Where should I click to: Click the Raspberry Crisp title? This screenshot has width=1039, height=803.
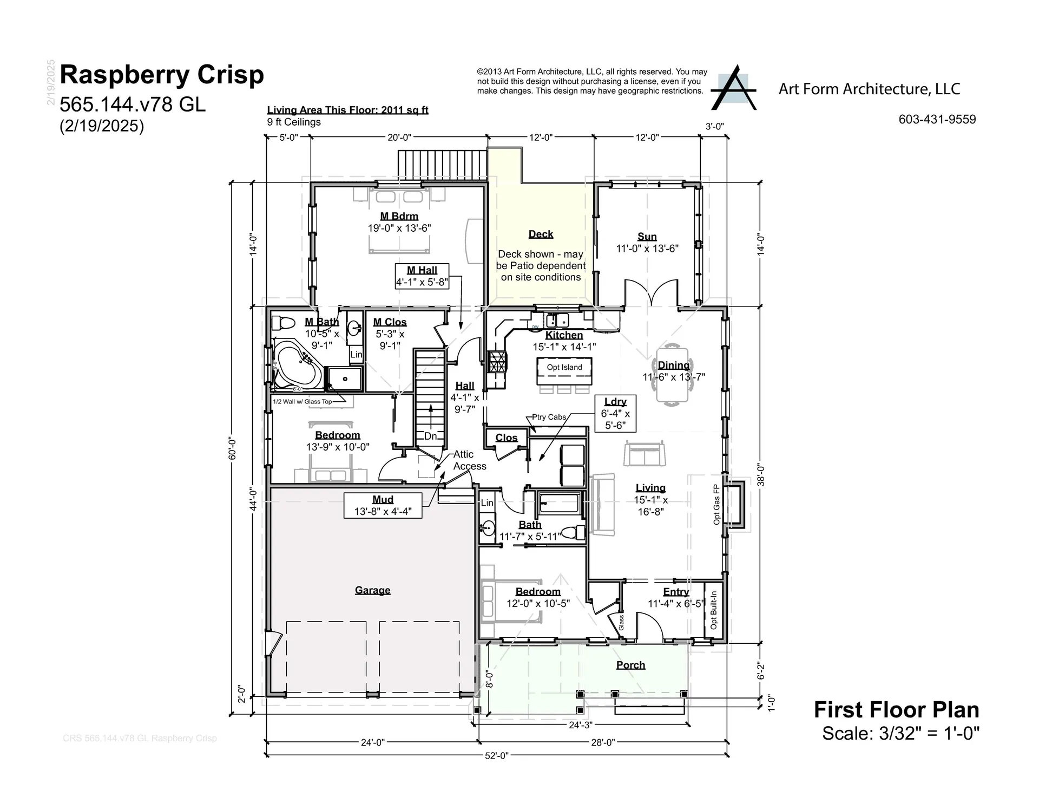click(x=161, y=75)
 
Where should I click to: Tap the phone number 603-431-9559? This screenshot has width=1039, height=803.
click(x=937, y=120)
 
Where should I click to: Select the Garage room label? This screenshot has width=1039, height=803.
click(x=372, y=590)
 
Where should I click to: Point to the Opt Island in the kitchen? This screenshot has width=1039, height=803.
click(x=564, y=368)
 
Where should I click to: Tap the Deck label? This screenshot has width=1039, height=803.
click(x=541, y=234)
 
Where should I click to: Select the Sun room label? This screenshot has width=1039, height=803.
click(x=647, y=237)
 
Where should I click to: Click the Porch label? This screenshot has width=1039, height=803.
click(x=630, y=665)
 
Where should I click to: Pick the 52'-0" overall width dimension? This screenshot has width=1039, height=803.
click(x=496, y=756)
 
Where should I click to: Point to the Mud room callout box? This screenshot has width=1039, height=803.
click(x=383, y=505)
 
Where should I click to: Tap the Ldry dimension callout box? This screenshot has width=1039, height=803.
click(x=615, y=413)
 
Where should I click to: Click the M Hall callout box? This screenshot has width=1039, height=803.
click(x=422, y=276)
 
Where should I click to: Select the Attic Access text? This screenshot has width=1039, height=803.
click(x=469, y=460)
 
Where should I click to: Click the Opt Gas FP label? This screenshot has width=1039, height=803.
click(x=716, y=504)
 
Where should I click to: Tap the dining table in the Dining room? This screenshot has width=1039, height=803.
click(x=673, y=374)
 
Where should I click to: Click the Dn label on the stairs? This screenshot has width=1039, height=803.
click(x=430, y=436)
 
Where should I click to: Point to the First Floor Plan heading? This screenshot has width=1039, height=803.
click(x=896, y=710)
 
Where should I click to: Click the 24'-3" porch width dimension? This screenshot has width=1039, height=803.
click(x=581, y=725)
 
